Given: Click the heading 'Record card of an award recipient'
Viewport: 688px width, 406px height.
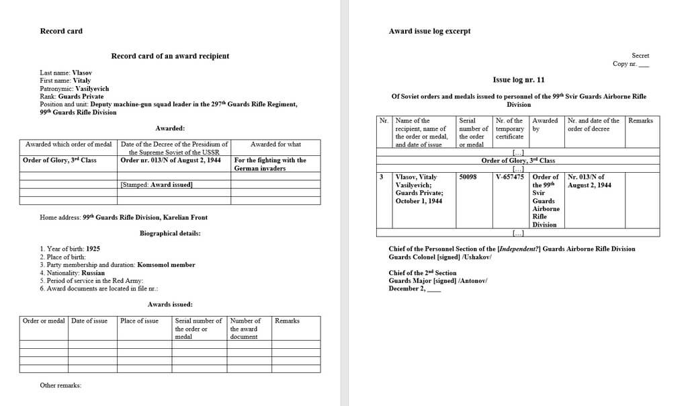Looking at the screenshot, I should (x=170, y=56).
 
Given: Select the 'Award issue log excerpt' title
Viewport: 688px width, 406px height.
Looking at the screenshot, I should (x=429, y=31).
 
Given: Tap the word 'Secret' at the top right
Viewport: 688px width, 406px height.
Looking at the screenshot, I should (x=640, y=55).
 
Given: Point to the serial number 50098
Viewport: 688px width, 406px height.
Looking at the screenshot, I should (x=468, y=177).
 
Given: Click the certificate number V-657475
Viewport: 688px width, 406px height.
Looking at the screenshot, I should (x=509, y=177).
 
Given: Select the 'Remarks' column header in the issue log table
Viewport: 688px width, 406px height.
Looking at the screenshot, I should (x=640, y=121).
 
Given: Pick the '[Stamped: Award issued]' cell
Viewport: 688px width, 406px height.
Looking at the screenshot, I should (x=157, y=184).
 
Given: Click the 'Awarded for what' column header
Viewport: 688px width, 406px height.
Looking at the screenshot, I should (x=275, y=144).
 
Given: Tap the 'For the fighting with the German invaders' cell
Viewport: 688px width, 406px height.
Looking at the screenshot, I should (x=269, y=164).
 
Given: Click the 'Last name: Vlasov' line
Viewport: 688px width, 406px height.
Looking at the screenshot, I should (x=66, y=73).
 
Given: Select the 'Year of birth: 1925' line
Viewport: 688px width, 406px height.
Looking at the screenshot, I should (x=70, y=249).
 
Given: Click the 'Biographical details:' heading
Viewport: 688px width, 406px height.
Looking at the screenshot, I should (x=170, y=233).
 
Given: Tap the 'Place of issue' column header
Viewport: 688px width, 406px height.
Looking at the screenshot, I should (x=139, y=321).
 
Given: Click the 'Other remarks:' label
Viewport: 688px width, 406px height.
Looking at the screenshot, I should (x=60, y=385).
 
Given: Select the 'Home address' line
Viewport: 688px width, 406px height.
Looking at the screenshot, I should (x=124, y=217).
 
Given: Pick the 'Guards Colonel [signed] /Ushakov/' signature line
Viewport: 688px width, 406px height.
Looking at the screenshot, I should (x=440, y=257).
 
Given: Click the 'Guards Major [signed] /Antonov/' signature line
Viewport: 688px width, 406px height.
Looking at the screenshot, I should (x=438, y=280).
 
